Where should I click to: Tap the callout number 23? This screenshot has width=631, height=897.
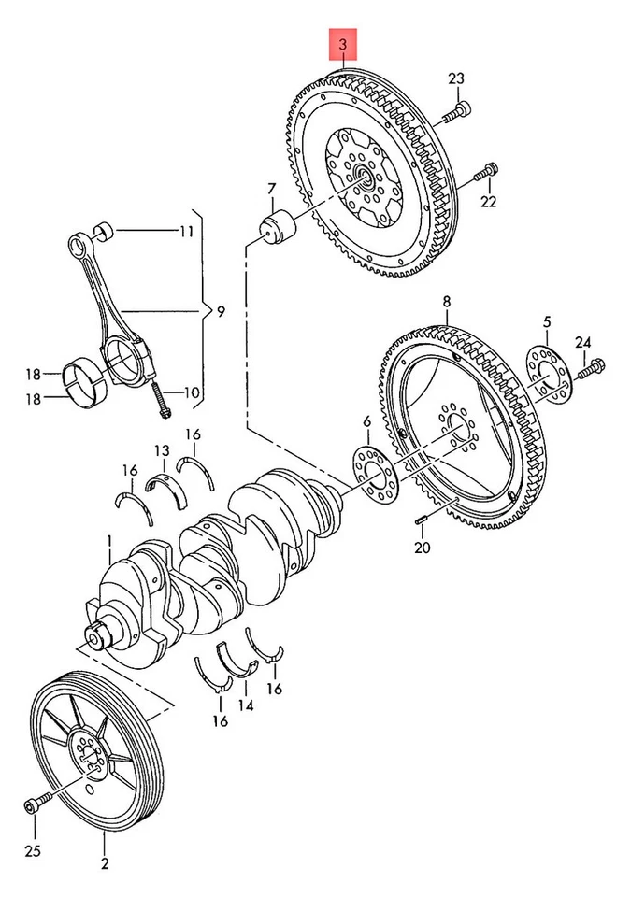point(455,78)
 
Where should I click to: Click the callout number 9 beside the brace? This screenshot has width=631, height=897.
point(220,312)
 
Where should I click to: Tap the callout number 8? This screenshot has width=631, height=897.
point(447,302)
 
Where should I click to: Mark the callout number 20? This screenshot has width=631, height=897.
point(423,548)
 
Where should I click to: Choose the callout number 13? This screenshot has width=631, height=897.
point(162,452)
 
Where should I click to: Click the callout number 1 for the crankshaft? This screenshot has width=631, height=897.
point(109,540)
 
